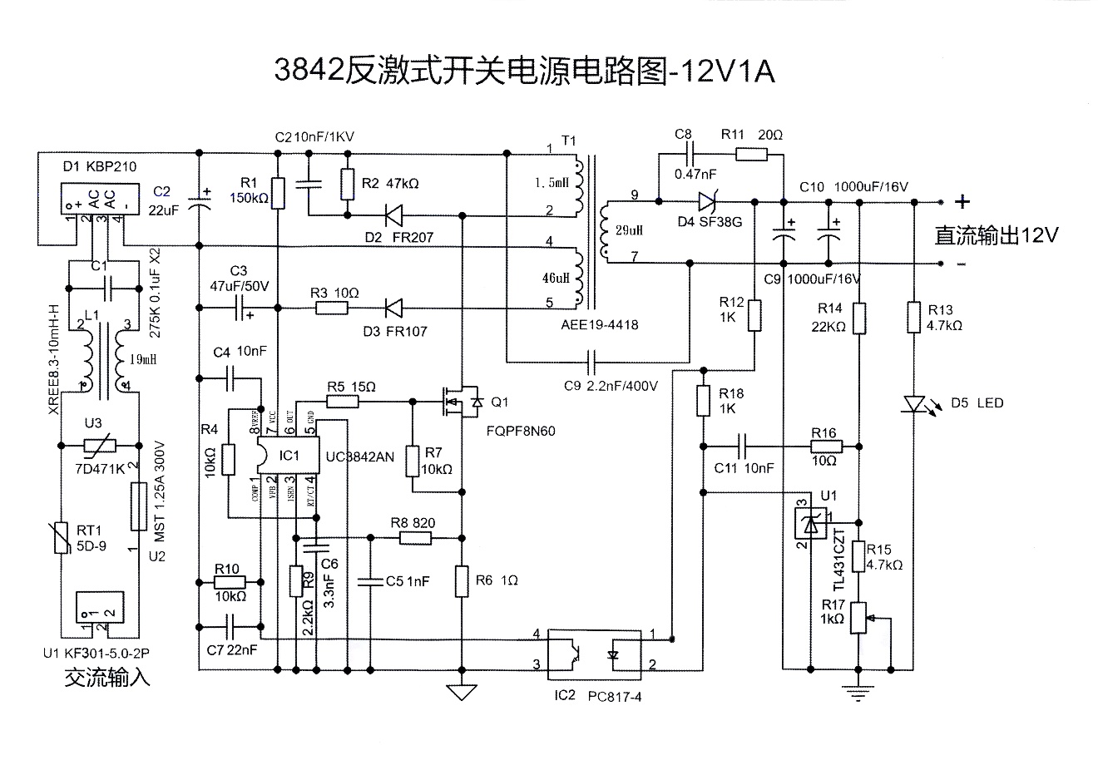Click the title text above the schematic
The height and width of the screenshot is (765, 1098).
click(x=525, y=72)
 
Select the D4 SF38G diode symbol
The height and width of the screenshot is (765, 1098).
click(x=708, y=200)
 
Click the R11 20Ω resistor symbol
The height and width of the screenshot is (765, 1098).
click(x=752, y=153)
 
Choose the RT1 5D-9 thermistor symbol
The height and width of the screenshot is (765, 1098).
click(x=61, y=536)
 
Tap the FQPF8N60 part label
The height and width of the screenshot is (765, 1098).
click(x=522, y=432)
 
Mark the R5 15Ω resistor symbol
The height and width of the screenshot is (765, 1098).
click(x=342, y=402)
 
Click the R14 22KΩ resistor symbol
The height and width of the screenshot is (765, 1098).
click(x=860, y=318)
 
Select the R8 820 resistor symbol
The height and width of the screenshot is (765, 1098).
click(x=415, y=538)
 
